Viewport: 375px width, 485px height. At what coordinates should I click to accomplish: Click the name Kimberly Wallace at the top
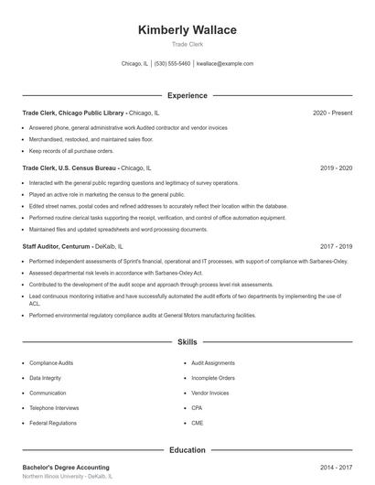tap(187, 30)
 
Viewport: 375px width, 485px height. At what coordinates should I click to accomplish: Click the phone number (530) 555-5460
tap(172, 64)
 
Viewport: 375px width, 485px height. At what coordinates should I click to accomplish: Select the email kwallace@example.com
tap(224, 64)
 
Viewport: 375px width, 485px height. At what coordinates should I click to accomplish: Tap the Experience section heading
tap(187, 95)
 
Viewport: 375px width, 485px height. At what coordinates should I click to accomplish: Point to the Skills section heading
tap(187, 341)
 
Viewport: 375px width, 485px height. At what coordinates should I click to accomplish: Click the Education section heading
tap(187, 450)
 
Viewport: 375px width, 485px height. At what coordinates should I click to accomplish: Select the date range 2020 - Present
tap(332, 113)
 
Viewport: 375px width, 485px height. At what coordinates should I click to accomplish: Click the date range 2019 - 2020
tap(337, 168)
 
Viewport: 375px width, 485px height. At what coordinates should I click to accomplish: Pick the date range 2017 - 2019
tap(337, 246)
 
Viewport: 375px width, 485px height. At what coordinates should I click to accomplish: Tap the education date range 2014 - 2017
tap(337, 468)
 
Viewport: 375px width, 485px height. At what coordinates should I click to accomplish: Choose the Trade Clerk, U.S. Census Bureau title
tap(70, 168)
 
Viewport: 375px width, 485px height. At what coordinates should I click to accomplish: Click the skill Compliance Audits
tap(51, 362)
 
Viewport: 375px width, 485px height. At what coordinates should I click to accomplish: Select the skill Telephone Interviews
tap(53, 408)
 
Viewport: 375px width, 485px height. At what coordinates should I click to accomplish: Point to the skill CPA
tap(197, 408)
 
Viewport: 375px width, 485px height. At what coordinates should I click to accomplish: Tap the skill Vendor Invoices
tap(210, 393)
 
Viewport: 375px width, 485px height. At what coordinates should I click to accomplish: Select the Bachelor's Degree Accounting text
tap(66, 468)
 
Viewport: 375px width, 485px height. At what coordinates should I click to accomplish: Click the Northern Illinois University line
tap(67, 477)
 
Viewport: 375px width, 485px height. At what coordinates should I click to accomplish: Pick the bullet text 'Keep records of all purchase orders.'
tap(71, 150)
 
